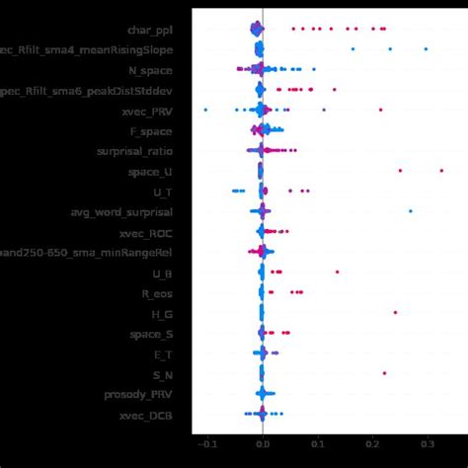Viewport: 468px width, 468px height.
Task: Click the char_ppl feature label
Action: (x=148, y=30)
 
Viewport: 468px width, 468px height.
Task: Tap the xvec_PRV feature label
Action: (x=147, y=111)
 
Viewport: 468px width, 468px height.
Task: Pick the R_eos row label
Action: (x=156, y=292)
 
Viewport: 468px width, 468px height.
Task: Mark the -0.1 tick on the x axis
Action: (x=206, y=444)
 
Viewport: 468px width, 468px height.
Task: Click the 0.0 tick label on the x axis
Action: (x=262, y=444)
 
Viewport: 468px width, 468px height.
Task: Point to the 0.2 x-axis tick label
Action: (x=371, y=444)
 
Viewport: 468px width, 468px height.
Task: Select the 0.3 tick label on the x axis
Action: (x=427, y=444)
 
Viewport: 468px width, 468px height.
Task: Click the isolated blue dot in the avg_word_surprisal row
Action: (x=411, y=211)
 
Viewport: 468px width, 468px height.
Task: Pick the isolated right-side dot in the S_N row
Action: (x=384, y=373)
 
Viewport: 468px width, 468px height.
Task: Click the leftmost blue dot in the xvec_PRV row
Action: (x=205, y=110)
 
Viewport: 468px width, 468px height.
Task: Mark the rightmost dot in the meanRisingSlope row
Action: (x=426, y=48)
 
